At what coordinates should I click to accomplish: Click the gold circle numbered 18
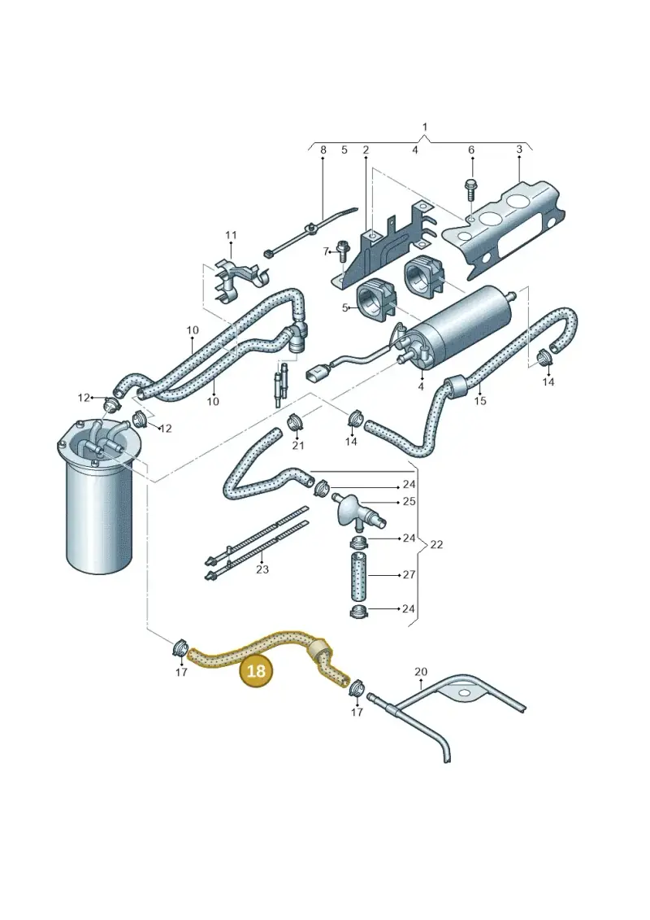click(256, 670)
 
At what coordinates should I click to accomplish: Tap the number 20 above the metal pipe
click(421, 671)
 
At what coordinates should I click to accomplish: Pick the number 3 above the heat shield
click(519, 150)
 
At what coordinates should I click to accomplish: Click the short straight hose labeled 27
click(358, 575)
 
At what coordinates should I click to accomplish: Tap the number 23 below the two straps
click(262, 569)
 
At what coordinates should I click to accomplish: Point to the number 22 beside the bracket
click(436, 544)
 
